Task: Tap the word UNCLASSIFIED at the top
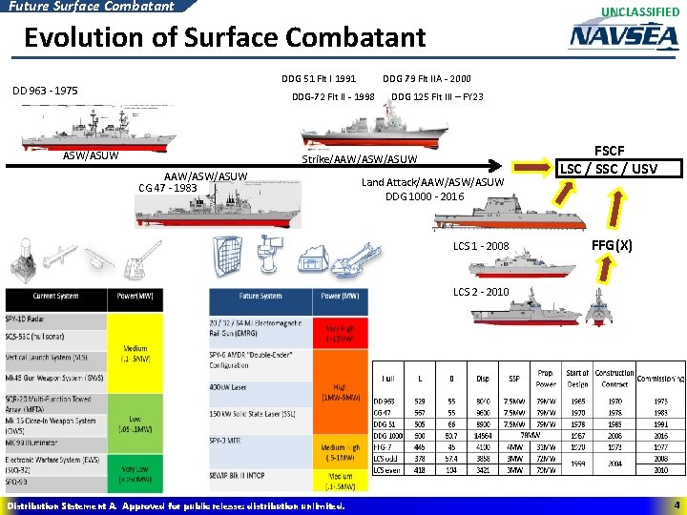coord(640,11)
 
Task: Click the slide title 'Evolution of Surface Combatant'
coord(224,37)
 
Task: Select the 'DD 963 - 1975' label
coord(45,92)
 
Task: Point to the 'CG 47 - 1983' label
coord(169,187)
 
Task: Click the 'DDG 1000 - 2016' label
coord(425,196)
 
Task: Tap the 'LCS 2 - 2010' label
coord(482,292)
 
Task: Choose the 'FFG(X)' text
coord(611,246)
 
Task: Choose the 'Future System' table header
coord(260,297)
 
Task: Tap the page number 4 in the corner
coord(675,505)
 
